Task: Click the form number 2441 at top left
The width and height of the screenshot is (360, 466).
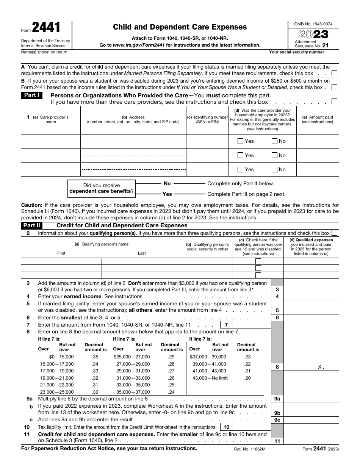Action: (46, 28)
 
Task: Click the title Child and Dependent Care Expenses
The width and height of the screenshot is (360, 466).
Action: (180, 27)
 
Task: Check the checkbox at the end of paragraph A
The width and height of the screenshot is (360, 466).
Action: (334, 73)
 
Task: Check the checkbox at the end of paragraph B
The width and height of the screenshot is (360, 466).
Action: (334, 88)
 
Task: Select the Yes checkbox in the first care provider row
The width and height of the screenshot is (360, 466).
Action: (240, 141)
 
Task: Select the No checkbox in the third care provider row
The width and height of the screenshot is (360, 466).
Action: (275, 170)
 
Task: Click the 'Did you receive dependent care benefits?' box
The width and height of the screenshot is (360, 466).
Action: (101, 188)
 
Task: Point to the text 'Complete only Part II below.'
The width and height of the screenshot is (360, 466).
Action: (241, 184)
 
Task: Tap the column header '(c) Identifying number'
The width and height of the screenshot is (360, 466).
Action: (207, 120)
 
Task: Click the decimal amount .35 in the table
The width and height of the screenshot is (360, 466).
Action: (95, 357)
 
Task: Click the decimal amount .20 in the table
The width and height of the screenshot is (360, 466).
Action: (247, 378)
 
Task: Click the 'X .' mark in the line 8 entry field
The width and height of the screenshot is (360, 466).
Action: (321, 367)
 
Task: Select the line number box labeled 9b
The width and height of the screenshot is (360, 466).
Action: (277, 413)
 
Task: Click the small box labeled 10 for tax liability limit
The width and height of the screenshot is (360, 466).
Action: (226, 427)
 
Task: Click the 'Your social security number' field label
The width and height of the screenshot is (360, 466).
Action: (296, 52)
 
